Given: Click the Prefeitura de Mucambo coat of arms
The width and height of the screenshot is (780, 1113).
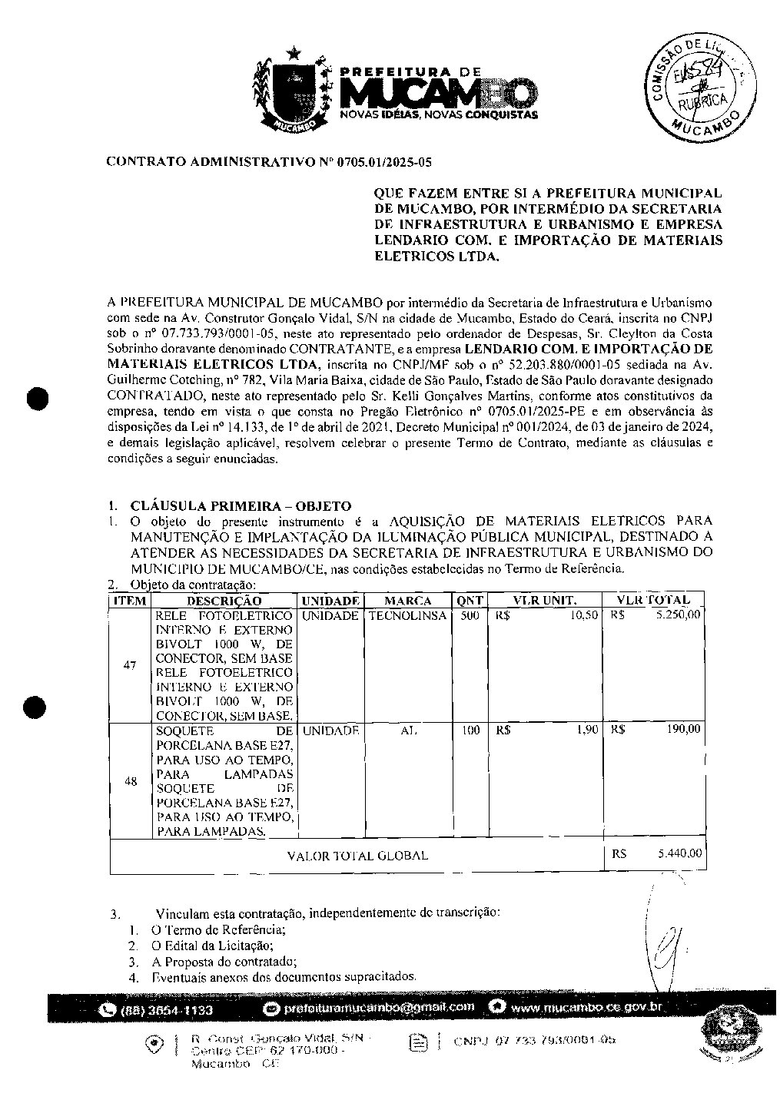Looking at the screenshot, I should point(294,91).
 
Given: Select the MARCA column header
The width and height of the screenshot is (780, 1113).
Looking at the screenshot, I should point(407,601).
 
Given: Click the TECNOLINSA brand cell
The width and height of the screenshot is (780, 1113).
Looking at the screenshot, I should point(407,616).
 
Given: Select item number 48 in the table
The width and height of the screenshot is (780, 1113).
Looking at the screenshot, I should point(131,781).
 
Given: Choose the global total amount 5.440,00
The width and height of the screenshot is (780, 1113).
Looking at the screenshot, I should point(679,853).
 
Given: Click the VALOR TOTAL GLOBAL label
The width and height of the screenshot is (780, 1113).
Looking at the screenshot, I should point(357,856).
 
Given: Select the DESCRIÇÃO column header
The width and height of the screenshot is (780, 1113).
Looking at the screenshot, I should point(224,601).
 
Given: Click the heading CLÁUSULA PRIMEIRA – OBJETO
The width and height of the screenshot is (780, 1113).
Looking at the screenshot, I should point(241,506).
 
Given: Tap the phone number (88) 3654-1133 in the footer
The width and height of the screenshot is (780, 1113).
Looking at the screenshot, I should point(167,1009).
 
